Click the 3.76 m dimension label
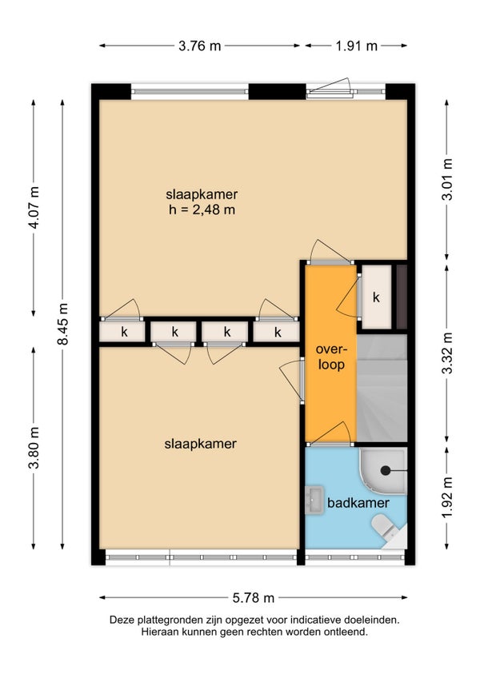click(199, 46)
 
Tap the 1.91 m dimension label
click(356, 46)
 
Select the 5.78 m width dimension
click(254, 597)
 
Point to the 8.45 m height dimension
click(62, 324)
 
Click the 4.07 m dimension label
click(34, 208)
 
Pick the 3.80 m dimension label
click(34, 448)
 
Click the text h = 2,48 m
click(202, 210)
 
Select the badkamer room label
click(358, 503)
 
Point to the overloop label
click(331, 357)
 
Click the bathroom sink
click(314, 501)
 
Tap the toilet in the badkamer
click(385, 528)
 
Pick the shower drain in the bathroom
click(385, 470)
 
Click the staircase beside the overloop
click(382, 388)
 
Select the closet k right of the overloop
click(376, 297)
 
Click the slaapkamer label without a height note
click(200, 444)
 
